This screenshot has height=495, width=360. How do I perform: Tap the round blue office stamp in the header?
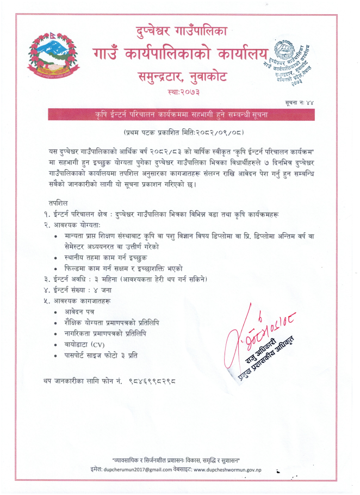point(288,62)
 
